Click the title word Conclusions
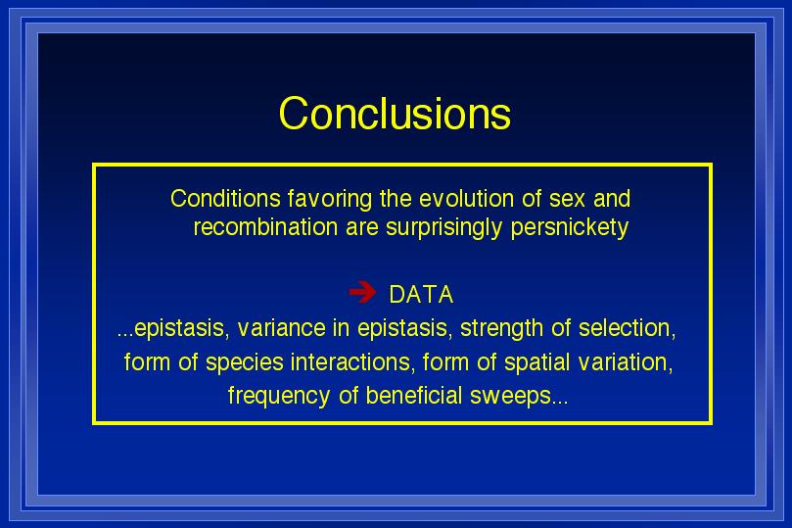(395, 113)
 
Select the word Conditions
(225, 198)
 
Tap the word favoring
(330, 200)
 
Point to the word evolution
(467, 198)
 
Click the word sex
(567, 199)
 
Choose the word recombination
(265, 227)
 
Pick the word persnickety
(570, 228)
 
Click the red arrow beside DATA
(362, 292)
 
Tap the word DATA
(421, 295)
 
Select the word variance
(281, 328)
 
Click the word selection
(627, 329)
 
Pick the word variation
(626, 362)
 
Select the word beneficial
(414, 396)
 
